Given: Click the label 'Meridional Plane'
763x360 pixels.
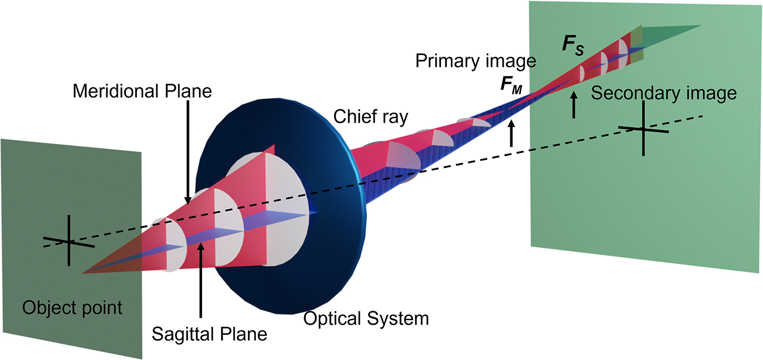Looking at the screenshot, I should pos(142,92).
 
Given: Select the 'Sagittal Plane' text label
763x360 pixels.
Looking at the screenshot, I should pos(209,334).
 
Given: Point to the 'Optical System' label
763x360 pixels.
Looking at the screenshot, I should pos(366,318).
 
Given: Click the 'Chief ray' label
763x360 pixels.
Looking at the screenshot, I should pos(371,117).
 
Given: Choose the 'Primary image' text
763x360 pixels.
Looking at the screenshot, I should pos(476,61).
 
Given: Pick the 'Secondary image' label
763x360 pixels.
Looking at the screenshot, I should pos(663,94).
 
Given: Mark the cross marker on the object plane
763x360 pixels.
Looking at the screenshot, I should pos(68,242).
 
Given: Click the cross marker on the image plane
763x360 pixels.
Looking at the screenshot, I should pos(642,129).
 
